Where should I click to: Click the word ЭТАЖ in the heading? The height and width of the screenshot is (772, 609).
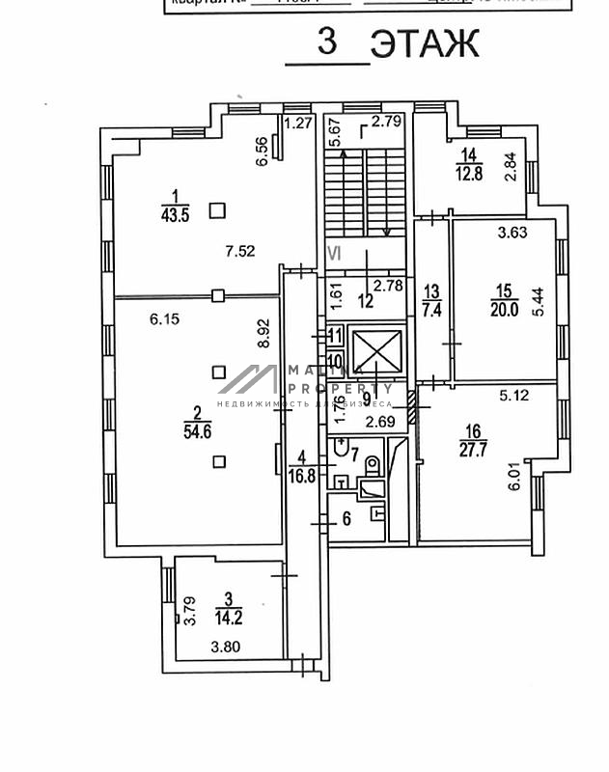click(425, 43)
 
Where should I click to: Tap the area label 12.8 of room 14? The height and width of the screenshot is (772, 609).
click(469, 174)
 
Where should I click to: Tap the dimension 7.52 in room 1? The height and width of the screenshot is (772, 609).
click(238, 252)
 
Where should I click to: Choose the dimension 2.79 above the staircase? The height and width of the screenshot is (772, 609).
click(386, 122)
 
